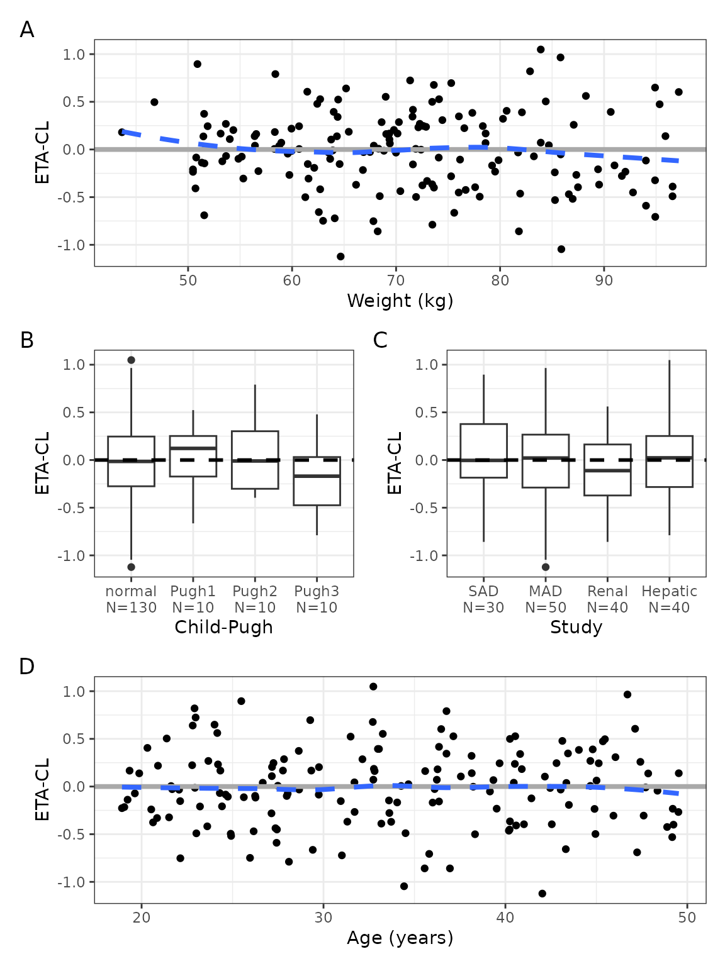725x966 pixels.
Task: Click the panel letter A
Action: pos(26,30)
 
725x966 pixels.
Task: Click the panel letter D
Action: pos(26,666)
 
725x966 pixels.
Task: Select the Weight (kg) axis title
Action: pos(400,301)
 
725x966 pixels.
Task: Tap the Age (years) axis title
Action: pos(400,938)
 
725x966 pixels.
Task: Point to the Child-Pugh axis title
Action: pos(223,627)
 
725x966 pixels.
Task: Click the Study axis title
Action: pos(576,627)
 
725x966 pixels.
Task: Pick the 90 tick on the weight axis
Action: pos(604,280)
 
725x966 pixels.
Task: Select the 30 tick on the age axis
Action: pos(323,918)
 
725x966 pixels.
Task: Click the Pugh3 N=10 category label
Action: pos(317,599)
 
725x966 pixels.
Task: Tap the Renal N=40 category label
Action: pos(607,599)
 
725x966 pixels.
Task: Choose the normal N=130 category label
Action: pos(131,599)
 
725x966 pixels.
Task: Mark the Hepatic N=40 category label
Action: pos(669,599)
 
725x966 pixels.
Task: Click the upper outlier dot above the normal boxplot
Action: pos(131,360)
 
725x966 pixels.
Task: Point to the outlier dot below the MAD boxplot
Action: pos(546,567)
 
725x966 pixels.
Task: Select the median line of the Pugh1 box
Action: pos(193,448)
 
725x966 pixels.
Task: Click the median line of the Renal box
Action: pos(607,470)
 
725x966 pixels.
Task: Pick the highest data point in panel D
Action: pos(373,687)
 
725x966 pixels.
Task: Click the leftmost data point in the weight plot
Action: pos(121,132)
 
